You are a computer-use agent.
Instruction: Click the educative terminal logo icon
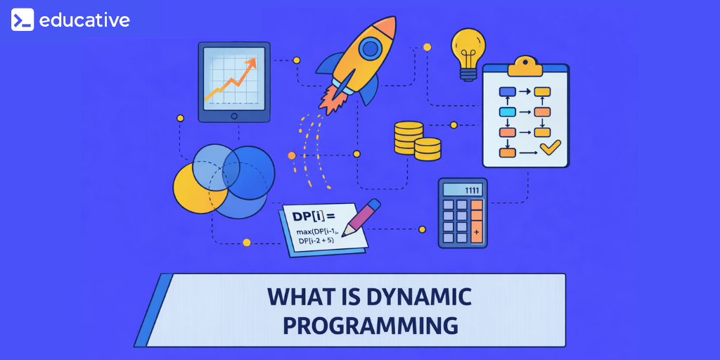(x=22, y=20)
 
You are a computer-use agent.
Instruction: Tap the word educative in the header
(x=84, y=20)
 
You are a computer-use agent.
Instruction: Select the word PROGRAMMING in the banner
(x=370, y=325)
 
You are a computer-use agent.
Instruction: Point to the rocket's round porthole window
(x=371, y=49)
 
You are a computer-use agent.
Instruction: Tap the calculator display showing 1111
(x=463, y=190)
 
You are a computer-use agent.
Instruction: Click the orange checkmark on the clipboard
(x=550, y=148)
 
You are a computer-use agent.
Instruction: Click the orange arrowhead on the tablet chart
(x=251, y=63)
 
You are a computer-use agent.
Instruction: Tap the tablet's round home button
(x=234, y=117)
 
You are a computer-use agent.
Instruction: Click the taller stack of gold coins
(x=409, y=137)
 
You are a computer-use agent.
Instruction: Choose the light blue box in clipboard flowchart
(x=508, y=112)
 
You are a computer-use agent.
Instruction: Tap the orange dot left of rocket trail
(x=292, y=155)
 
